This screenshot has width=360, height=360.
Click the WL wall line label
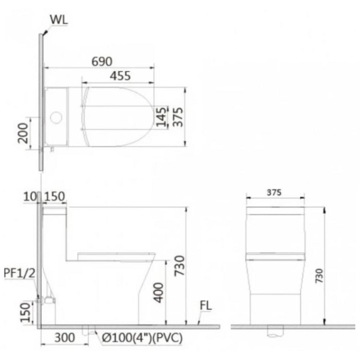tap(59, 20)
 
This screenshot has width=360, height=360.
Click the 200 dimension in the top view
tap(23, 133)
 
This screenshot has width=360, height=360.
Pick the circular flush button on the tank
tap(55, 117)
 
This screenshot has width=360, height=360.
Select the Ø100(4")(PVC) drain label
tap(142, 338)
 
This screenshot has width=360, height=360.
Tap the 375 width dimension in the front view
tap(275, 193)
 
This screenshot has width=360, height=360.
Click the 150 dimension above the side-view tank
tap(54, 198)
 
